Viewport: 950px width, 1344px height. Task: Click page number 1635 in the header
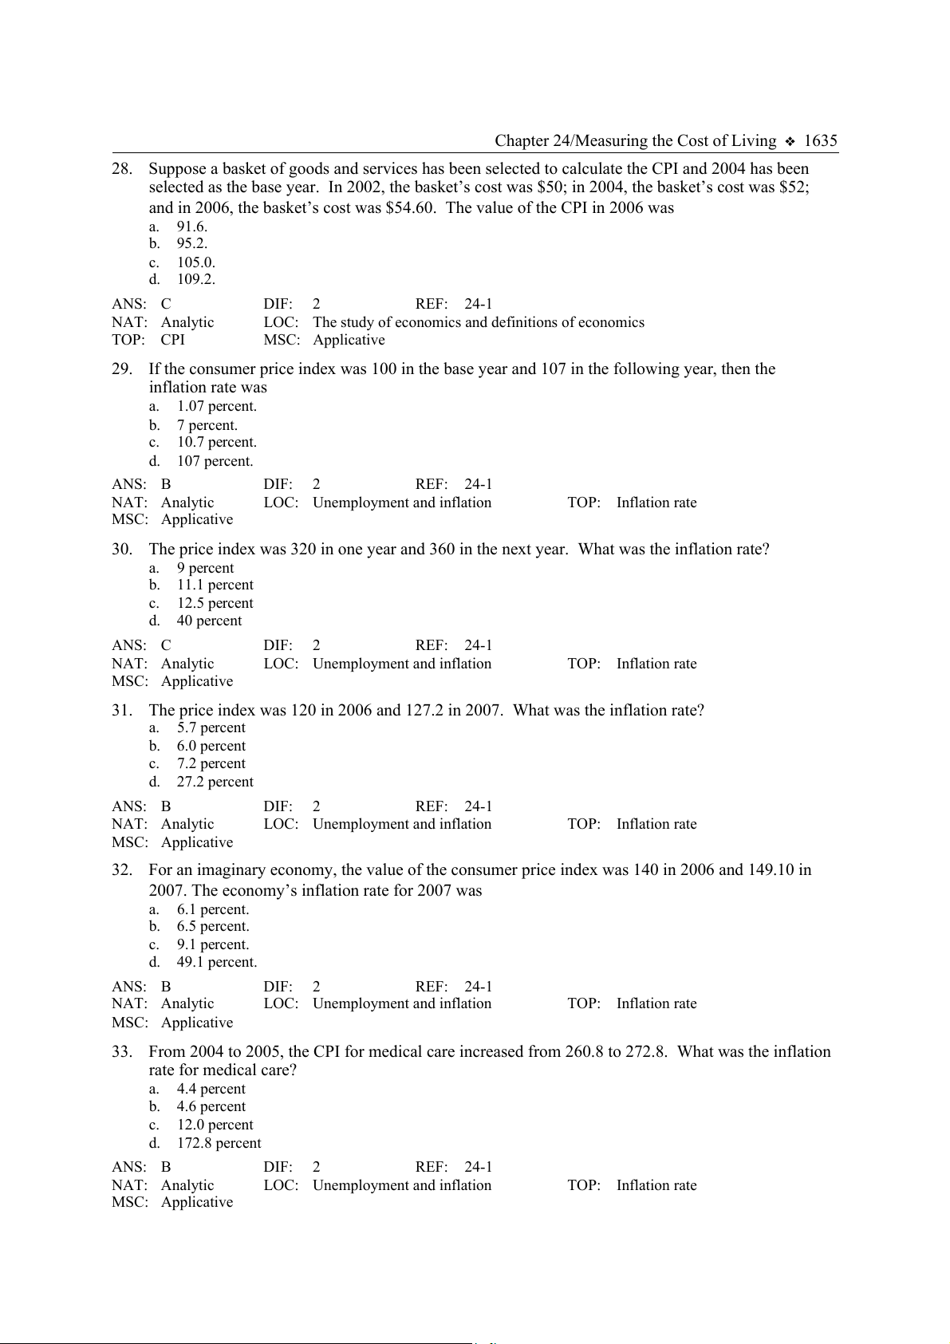tap(820, 141)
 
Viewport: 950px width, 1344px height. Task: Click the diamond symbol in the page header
tap(790, 142)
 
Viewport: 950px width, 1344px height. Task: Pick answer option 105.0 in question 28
tap(195, 262)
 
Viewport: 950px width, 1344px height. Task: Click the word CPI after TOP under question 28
tap(172, 340)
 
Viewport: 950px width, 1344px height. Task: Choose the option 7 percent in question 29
tap(207, 425)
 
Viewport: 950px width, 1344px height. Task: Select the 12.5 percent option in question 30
tap(215, 603)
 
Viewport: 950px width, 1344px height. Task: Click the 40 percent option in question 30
tap(209, 621)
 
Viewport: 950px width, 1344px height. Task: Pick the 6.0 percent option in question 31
tap(211, 746)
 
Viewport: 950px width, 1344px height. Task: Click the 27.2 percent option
tap(215, 782)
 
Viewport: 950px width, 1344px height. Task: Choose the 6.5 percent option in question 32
tap(213, 926)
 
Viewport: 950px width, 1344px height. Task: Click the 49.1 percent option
tap(217, 962)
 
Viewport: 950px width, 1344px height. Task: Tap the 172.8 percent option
tap(219, 1143)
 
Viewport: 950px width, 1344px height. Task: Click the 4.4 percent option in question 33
tap(211, 1089)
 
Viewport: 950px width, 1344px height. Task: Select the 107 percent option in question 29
tap(215, 461)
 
